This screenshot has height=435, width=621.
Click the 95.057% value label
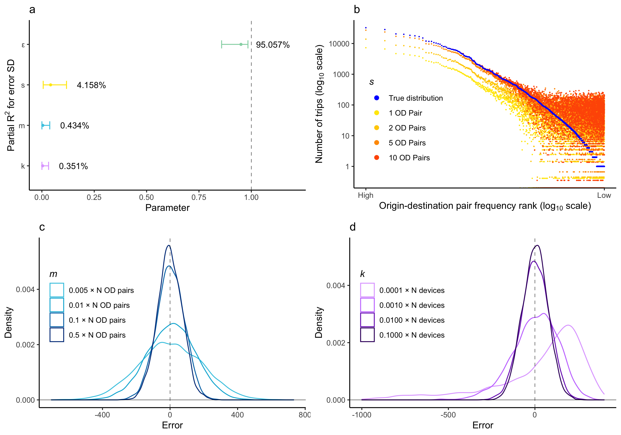[273, 45]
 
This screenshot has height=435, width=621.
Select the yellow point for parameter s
[51, 85]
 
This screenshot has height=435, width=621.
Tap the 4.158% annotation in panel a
[91, 85]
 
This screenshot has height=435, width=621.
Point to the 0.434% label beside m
[74, 126]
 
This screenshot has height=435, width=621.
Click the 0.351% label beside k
[73, 166]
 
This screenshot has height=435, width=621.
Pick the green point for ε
[241, 44]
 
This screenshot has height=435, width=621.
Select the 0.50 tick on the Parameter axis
[146, 197]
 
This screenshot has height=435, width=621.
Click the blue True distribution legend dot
[377, 98]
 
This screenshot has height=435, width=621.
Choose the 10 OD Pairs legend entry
[409, 158]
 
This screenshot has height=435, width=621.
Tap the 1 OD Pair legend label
[405, 113]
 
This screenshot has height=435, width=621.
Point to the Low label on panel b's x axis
[604, 195]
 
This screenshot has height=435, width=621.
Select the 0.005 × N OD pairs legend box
[57, 290]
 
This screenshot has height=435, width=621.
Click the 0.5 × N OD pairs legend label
[97, 335]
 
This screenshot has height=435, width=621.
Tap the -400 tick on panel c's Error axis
[102, 415]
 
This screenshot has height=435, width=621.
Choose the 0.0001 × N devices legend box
[367, 290]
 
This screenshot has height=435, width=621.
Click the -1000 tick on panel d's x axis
[362, 415]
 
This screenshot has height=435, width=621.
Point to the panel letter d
[353, 227]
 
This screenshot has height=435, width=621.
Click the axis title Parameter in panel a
[167, 208]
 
